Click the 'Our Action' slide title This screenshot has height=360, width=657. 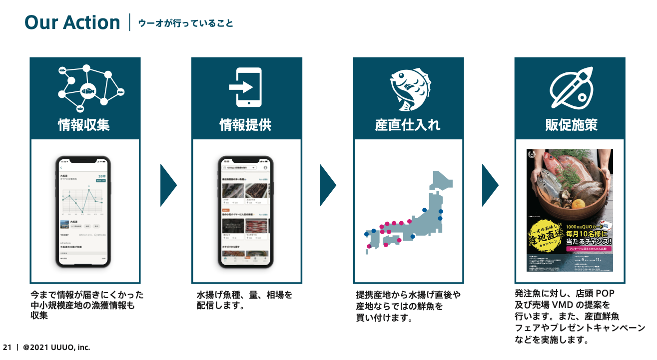[x=72, y=22]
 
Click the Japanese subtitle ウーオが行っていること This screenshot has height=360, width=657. [x=185, y=23]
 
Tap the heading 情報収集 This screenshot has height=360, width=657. [x=84, y=125]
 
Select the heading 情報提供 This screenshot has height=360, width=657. [x=246, y=125]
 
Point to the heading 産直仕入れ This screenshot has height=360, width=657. [x=408, y=125]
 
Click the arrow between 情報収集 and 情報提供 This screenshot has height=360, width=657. [x=168, y=185]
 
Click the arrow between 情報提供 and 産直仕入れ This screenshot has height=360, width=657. [x=328, y=185]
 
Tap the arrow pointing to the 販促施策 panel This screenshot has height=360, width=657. [x=490, y=185]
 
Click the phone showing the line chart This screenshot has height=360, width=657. [x=83, y=212]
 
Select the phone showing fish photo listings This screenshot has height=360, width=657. [x=246, y=212]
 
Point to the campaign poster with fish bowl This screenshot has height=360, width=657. [x=570, y=210]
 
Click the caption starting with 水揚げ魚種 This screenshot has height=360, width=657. [x=244, y=300]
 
